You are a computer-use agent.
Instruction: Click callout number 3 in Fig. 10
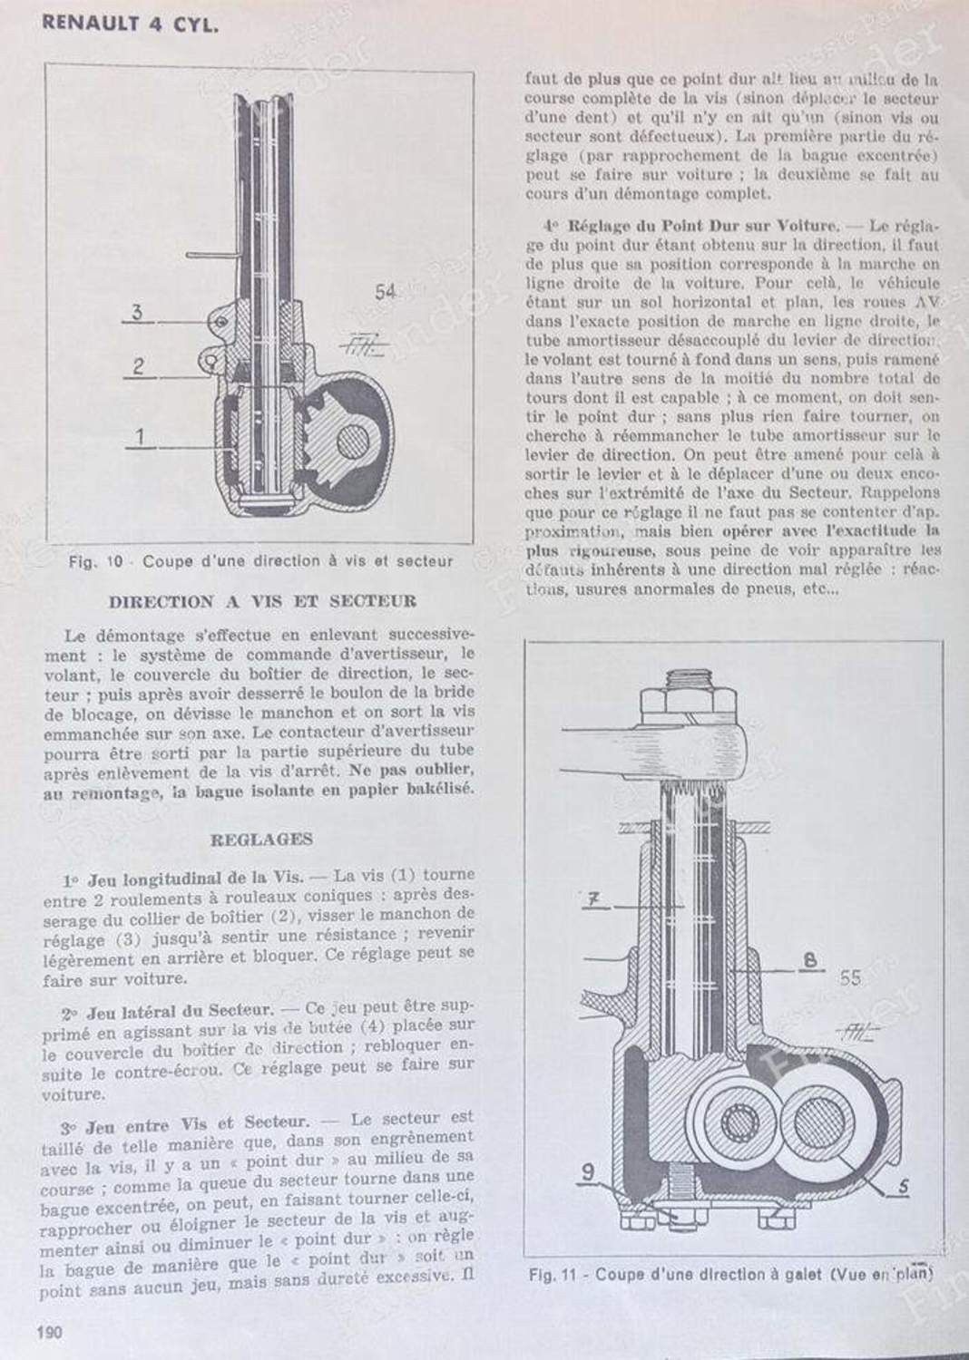pos(137,313)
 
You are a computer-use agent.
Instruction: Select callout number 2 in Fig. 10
pos(138,366)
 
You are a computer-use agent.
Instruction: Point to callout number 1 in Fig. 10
pos(141,437)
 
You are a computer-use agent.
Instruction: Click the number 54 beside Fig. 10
pos(387,292)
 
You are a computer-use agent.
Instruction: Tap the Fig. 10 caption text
pos(261,561)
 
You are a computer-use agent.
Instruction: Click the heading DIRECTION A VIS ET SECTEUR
pos(263,601)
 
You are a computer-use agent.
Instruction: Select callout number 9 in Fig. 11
pos(589,1171)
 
